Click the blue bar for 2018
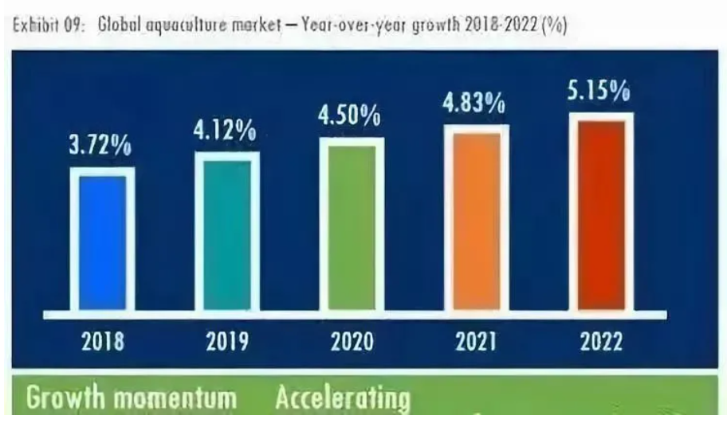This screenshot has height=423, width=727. tap(102, 241)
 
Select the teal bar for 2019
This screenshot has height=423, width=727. tap(226, 233)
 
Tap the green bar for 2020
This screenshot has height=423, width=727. tap(352, 226)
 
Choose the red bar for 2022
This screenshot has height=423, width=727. tap(601, 213)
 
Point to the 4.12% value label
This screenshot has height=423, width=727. tap(224, 132)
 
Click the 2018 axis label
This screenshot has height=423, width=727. tap(104, 343)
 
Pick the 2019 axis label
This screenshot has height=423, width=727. tap(227, 343)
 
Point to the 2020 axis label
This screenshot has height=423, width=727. tap(352, 343)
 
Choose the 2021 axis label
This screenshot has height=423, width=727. tap(477, 343)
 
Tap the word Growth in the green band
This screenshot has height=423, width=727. tap(68, 400)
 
